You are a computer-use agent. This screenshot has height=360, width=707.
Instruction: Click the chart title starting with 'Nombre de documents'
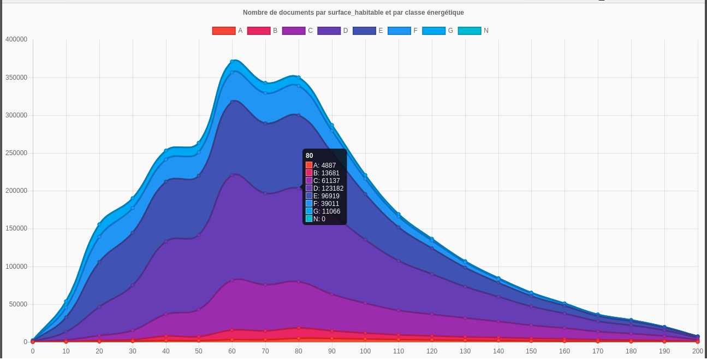[x=353, y=12]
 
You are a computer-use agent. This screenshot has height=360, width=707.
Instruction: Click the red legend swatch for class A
[x=224, y=31]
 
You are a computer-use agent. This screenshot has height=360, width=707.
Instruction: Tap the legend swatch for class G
[x=434, y=31]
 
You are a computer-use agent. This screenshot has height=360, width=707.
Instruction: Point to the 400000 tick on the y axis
[x=16, y=39]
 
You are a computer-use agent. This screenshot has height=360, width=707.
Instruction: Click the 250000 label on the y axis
[x=16, y=153]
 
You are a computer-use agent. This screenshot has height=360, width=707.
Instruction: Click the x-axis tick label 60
[x=232, y=351]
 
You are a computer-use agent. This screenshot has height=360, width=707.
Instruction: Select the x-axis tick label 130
[x=465, y=351]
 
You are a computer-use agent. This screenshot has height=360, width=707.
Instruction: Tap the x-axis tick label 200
[x=697, y=351]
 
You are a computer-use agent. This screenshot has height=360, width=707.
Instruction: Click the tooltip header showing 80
[x=310, y=156]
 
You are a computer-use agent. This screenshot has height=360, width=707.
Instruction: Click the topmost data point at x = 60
[x=233, y=62]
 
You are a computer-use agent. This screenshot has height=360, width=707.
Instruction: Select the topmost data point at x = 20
[x=99, y=224]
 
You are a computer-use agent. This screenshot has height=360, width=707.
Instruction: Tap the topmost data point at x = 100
[x=365, y=175]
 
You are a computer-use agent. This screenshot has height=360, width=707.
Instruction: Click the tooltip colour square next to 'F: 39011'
[x=309, y=204]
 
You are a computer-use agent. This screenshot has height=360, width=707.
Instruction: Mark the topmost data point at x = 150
[x=531, y=293]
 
